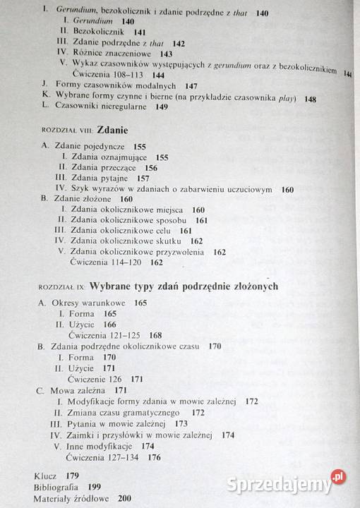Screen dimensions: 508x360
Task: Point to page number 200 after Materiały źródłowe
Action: pos(127,498)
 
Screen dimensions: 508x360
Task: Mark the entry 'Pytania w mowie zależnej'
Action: pos(120,423)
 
